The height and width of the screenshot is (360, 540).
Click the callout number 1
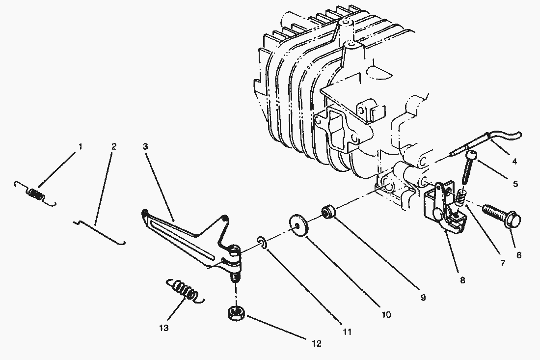(81, 146)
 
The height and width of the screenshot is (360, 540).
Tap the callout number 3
(145, 146)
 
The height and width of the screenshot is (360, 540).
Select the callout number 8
(462, 281)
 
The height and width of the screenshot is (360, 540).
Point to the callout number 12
(317, 344)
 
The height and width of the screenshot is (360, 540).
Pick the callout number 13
(163, 328)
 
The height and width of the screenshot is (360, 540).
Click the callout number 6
(518, 255)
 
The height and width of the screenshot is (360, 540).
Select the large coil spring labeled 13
(185, 290)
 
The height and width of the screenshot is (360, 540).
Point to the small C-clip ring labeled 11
(263, 242)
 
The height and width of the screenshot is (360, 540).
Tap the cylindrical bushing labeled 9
(327, 212)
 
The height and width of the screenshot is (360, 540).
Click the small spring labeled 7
(460, 198)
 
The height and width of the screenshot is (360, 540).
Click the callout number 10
(386, 314)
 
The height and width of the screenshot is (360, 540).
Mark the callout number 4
(514, 161)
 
